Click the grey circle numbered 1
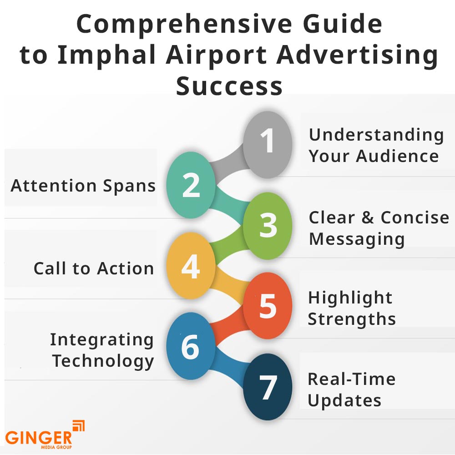[267, 145]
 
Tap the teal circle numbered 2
[191, 185]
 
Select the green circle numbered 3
[267, 226]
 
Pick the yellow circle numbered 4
[191, 266]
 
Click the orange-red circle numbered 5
[267, 306]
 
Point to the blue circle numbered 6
[191, 346]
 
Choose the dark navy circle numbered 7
[267, 387]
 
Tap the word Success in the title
[229, 86]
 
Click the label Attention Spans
[83, 186]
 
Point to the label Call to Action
[93, 268]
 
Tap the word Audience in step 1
[397, 156]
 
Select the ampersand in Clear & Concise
[368, 217]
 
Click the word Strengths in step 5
[352, 319]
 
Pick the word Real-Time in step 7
[351, 379]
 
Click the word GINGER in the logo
[39, 438]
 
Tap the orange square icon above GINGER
[78, 426]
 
